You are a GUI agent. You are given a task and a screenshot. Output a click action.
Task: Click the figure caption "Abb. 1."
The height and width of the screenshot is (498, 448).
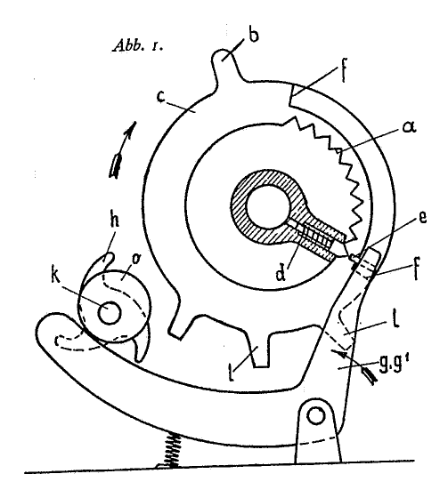(137, 45)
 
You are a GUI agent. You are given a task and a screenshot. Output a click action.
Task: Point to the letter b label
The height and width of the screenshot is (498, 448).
(253, 35)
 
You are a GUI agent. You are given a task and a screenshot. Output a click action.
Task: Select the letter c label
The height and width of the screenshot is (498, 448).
(161, 97)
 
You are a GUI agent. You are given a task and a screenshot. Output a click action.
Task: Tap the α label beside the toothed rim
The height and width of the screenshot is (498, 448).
(409, 128)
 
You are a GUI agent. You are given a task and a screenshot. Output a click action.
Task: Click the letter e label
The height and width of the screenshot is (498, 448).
(421, 218)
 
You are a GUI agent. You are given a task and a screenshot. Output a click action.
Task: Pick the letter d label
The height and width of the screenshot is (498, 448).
(281, 274)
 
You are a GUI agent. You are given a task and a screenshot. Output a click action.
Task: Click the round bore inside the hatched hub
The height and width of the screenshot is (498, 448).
(267, 211)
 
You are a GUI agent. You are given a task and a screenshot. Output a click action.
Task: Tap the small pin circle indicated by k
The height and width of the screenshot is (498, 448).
(110, 313)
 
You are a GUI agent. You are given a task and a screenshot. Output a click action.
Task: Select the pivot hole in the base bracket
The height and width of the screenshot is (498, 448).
(316, 416)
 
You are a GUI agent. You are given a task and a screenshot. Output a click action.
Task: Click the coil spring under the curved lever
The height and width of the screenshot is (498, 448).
(172, 450)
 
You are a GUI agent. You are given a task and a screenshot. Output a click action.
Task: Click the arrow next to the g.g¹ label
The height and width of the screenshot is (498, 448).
(354, 365)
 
